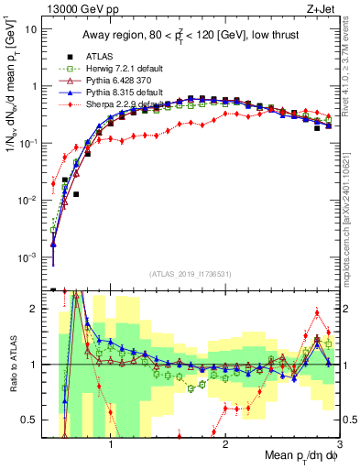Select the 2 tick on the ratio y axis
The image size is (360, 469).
point(36,309)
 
